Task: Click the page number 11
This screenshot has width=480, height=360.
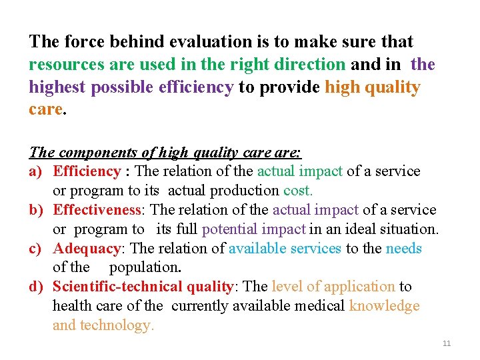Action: [x=447, y=343]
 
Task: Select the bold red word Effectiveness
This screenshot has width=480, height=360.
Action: [x=97, y=210]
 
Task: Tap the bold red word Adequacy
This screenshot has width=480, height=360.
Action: [x=90, y=249]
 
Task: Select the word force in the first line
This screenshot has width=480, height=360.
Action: [x=83, y=41]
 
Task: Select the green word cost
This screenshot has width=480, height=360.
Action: [x=298, y=191]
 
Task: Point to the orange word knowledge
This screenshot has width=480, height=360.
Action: [x=385, y=306]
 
